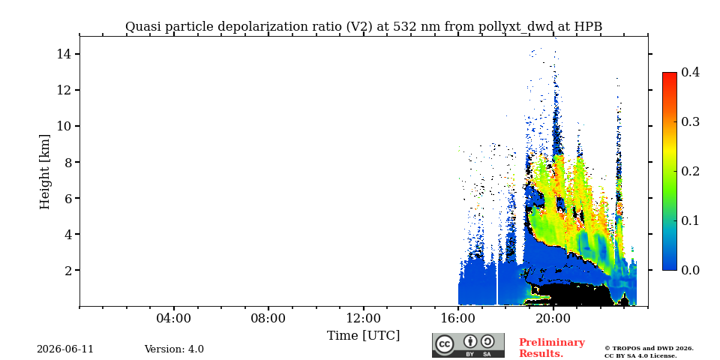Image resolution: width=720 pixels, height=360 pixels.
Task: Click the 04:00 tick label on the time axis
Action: click(x=173, y=318)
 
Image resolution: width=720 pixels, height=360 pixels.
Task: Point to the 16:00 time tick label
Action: click(x=458, y=318)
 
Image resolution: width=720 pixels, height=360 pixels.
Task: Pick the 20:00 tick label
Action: click(x=553, y=318)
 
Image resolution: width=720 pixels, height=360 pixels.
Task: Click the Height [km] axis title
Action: click(x=44, y=172)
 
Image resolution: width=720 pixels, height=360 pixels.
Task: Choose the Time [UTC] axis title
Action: click(x=363, y=336)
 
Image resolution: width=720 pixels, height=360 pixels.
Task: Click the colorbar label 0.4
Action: click(x=690, y=72)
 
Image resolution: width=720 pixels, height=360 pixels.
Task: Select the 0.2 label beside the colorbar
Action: click(x=690, y=171)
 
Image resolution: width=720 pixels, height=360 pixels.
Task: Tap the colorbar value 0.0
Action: click(x=690, y=270)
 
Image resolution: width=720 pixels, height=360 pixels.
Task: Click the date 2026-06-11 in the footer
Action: click(x=65, y=349)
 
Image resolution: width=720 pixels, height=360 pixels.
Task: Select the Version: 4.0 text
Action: click(x=174, y=349)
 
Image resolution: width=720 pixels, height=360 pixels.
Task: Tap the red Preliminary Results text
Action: click(x=552, y=348)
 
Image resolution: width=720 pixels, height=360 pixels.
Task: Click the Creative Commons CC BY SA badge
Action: click(x=468, y=345)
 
